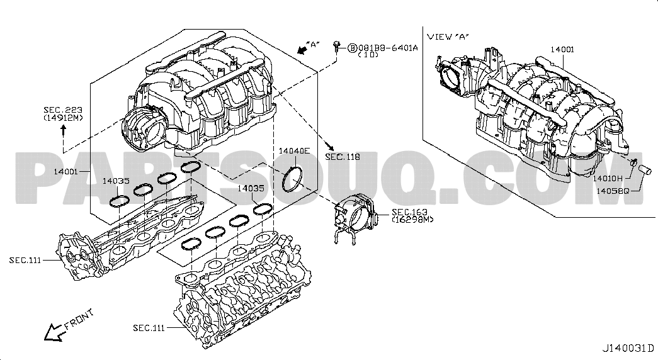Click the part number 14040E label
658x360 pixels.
[x=294, y=151]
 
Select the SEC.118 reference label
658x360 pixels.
[x=343, y=156]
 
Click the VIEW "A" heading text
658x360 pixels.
[x=448, y=37]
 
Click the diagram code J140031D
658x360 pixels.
[x=628, y=348]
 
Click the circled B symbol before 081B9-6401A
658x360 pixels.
[x=353, y=47]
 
